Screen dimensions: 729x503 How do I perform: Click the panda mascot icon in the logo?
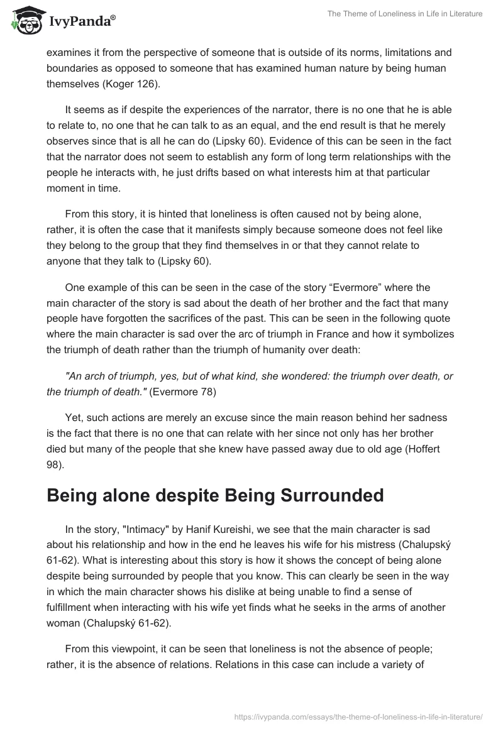coord(25,21)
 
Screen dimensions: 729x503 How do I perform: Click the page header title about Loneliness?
coord(404,14)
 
